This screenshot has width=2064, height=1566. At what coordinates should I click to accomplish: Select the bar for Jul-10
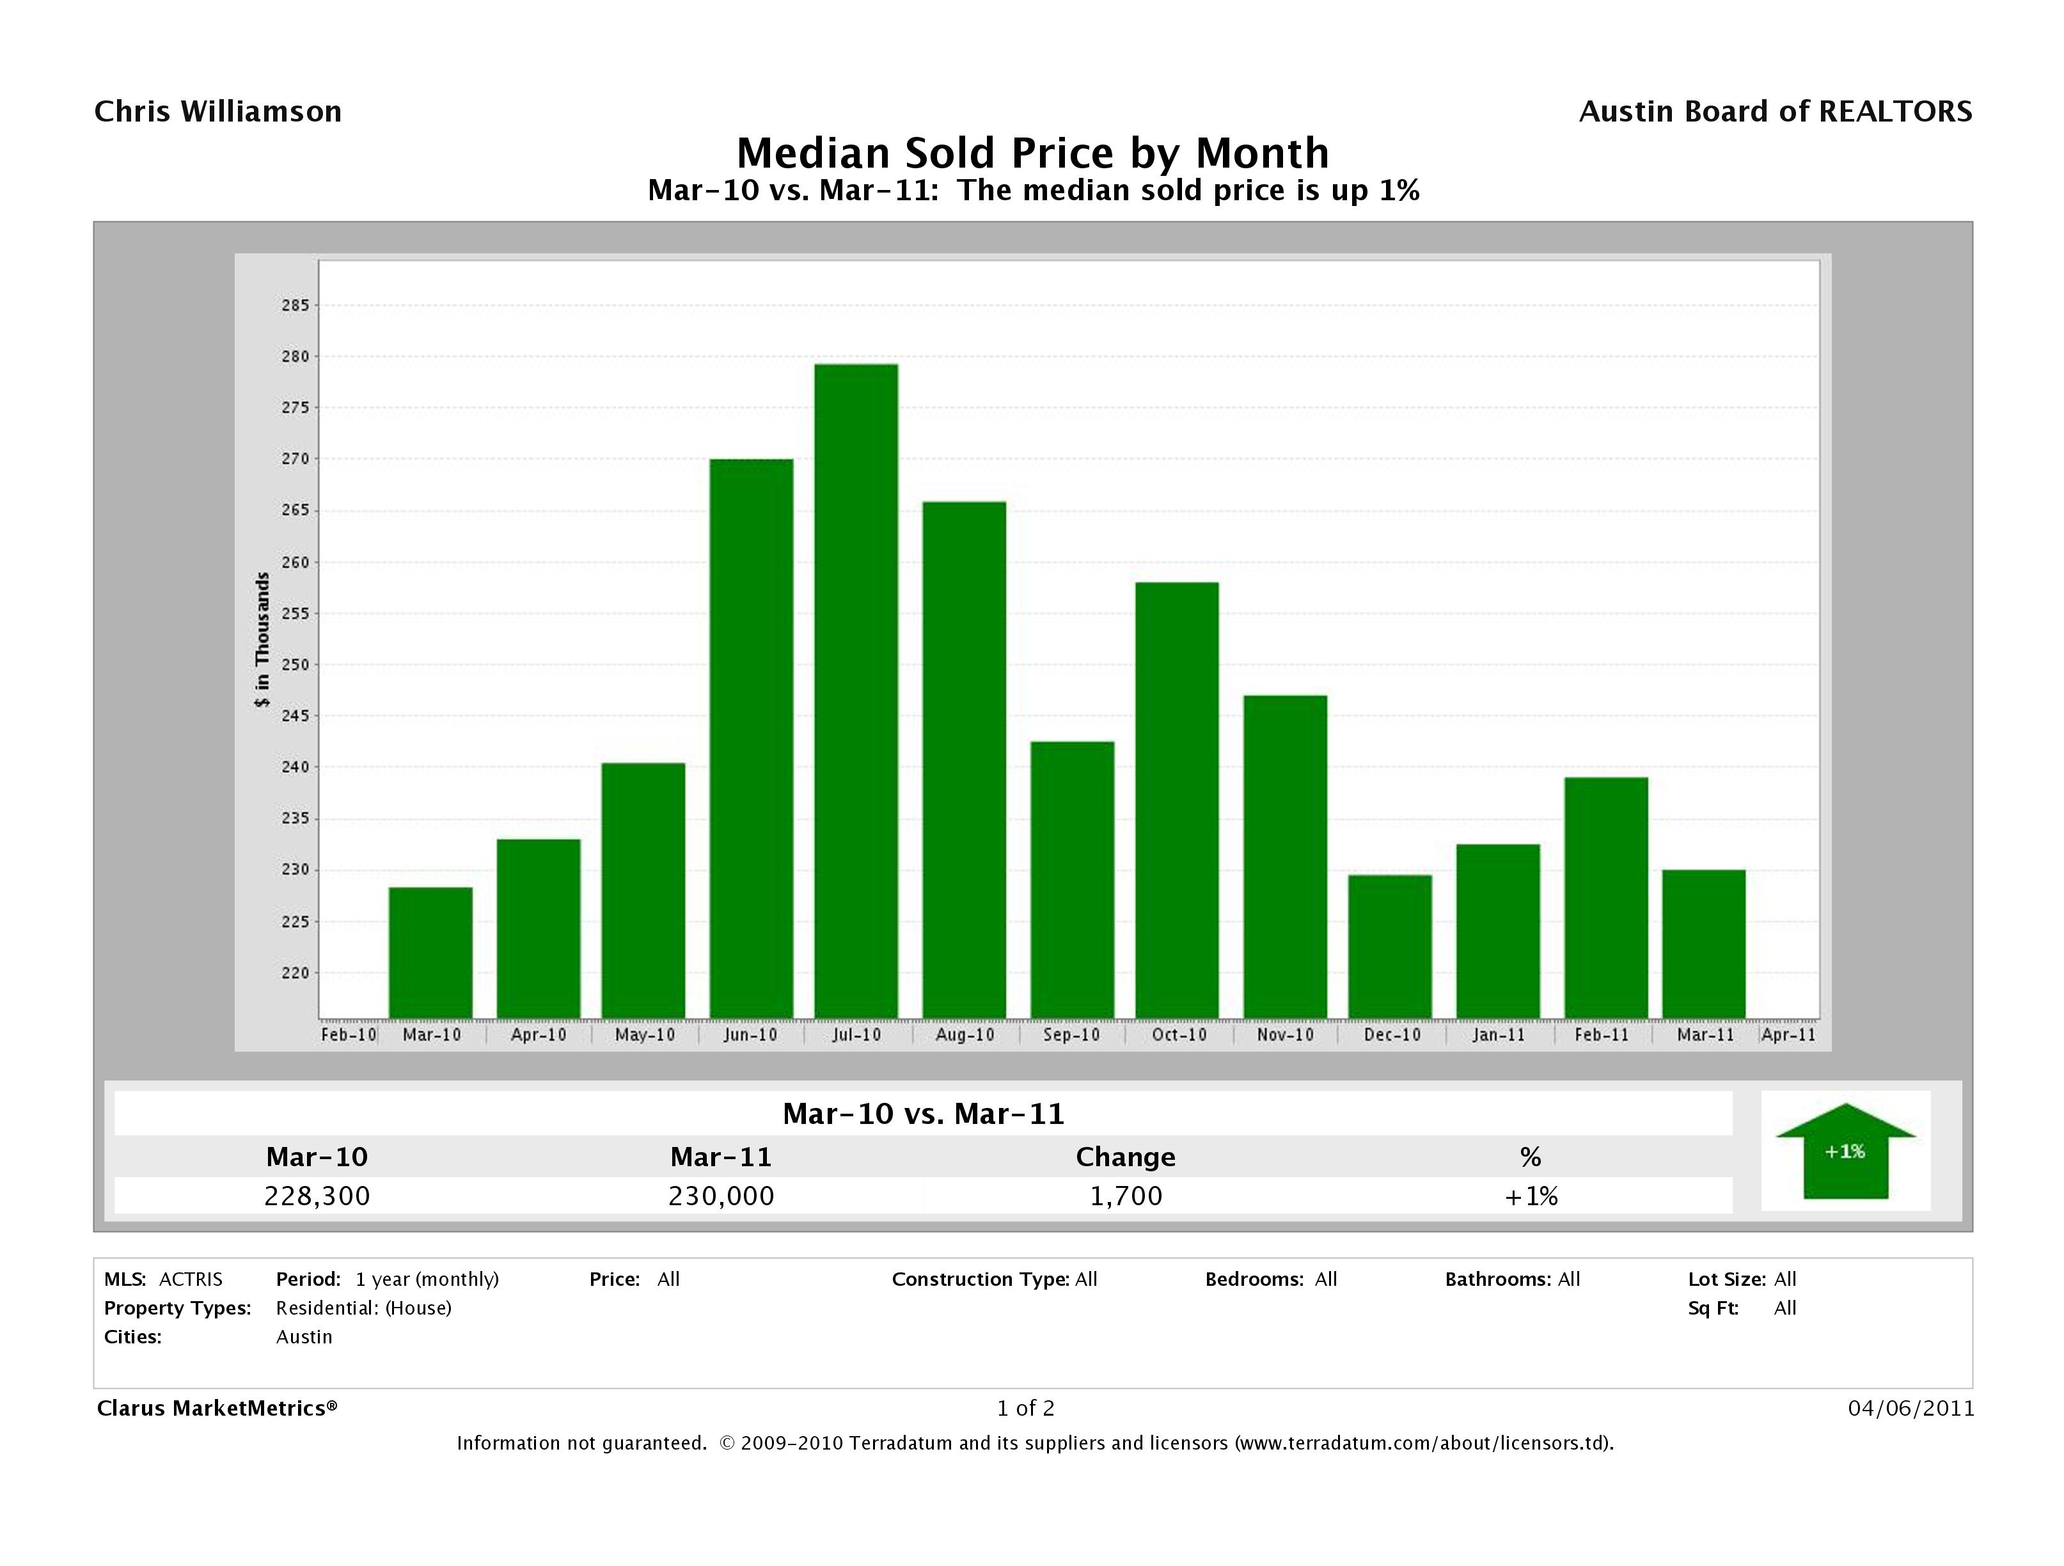(x=856, y=691)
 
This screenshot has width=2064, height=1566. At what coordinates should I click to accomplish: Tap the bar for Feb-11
(x=1606, y=897)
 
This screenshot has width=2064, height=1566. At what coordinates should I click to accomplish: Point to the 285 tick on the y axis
(x=295, y=305)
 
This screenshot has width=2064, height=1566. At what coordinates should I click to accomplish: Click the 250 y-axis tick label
(x=295, y=665)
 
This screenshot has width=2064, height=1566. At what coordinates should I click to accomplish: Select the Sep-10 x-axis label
(x=1071, y=1035)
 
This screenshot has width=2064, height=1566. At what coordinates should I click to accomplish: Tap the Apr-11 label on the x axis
(x=1788, y=1035)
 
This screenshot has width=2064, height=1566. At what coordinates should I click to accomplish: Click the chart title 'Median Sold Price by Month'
(x=1032, y=153)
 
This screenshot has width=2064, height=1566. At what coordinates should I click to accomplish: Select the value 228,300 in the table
(x=317, y=1196)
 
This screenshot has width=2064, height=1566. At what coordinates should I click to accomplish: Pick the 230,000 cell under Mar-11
(x=721, y=1196)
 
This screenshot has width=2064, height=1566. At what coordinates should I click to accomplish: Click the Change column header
(x=1125, y=1157)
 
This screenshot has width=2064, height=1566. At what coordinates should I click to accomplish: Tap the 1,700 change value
(x=1125, y=1196)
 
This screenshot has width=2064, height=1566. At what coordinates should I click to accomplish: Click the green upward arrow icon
(x=1845, y=1151)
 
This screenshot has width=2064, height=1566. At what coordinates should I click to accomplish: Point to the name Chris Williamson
(x=218, y=112)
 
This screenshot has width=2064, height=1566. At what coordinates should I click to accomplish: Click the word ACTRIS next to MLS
(x=191, y=1279)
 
